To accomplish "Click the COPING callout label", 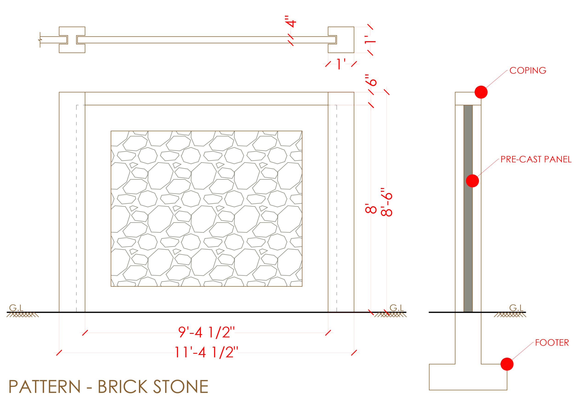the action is click(x=528, y=70).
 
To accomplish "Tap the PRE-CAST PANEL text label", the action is click(x=536, y=159).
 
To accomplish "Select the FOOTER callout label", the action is click(x=552, y=343).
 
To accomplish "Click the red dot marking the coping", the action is click(x=481, y=92).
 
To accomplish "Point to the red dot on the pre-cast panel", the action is click(x=472, y=181).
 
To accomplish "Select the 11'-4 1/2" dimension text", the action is click(x=206, y=352).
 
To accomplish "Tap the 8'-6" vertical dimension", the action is click(x=386, y=201).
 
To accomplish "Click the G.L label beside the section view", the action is click(x=516, y=308).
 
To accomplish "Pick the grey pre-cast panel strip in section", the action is click(x=468, y=208).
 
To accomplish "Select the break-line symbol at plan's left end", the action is click(x=40, y=40).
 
